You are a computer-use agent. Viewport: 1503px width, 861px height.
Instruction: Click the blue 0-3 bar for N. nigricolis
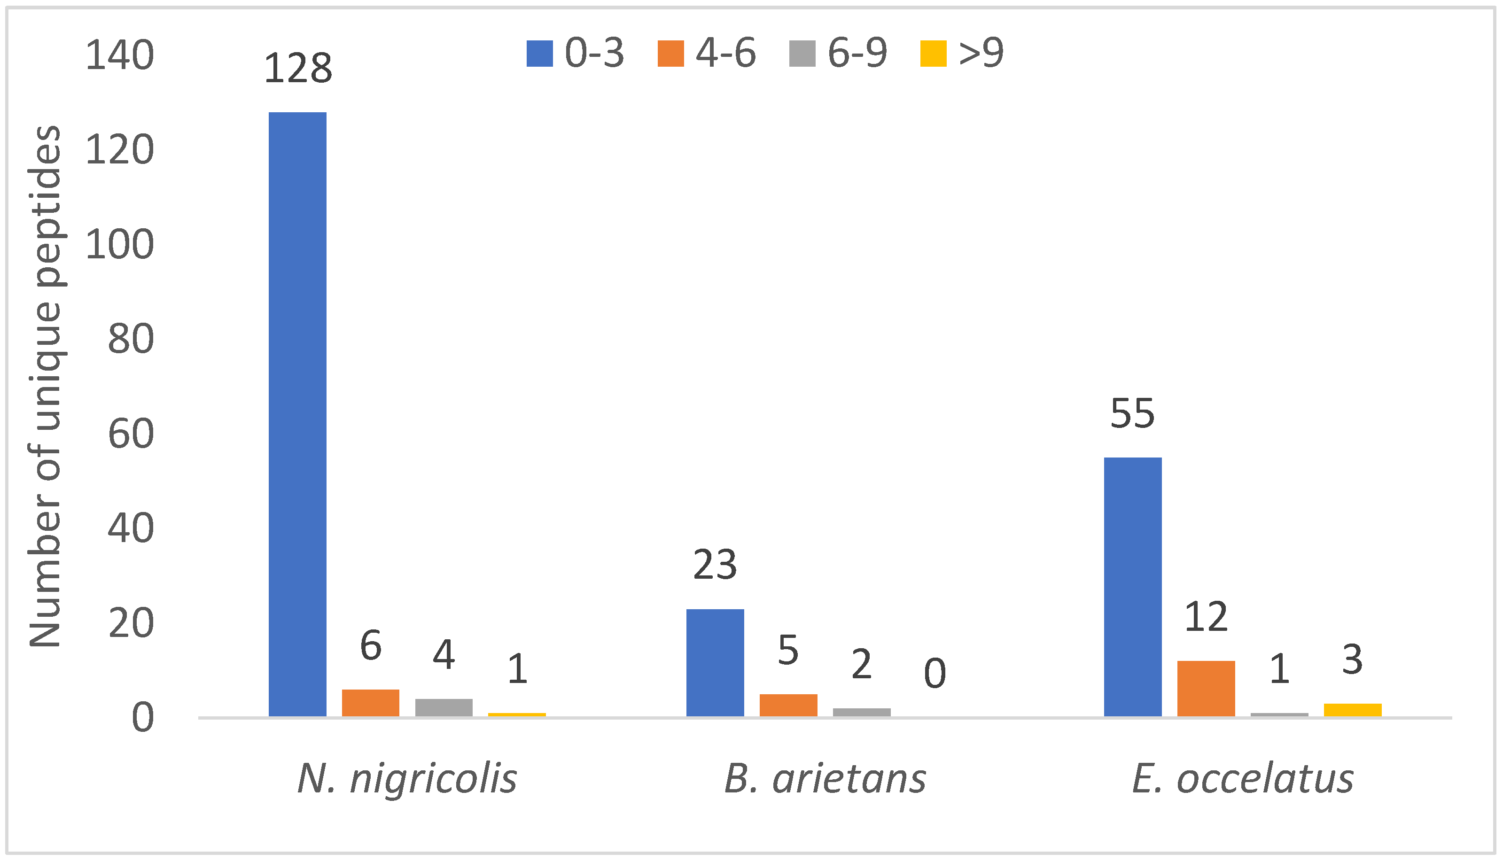(x=297, y=414)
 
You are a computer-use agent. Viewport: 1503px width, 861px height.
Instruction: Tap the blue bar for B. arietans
(x=715, y=662)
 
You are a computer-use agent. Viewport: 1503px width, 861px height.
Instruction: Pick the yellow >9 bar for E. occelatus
(x=1352, y=710)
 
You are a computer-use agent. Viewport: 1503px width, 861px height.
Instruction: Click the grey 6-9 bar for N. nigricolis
(x=444, y=707)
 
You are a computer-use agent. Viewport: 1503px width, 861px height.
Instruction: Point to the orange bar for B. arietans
(x=788, y=705)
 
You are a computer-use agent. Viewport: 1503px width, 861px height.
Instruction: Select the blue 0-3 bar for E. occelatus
(x=1132, y=587)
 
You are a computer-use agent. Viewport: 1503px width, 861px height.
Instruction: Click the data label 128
(x=297, y=69)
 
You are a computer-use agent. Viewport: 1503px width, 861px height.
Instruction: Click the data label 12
(x=1206, y=617)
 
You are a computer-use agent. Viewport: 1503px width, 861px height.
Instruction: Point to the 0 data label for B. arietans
(x=935, y=674)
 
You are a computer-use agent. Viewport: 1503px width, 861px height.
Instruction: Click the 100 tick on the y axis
(x=119, y=245)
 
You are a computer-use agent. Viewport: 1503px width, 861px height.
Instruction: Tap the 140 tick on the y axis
(x=119, y=55)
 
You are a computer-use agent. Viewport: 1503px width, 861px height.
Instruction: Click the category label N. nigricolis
(x=407, y=779)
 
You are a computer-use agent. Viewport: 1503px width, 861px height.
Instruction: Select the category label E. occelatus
(x=1242, y=779)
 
